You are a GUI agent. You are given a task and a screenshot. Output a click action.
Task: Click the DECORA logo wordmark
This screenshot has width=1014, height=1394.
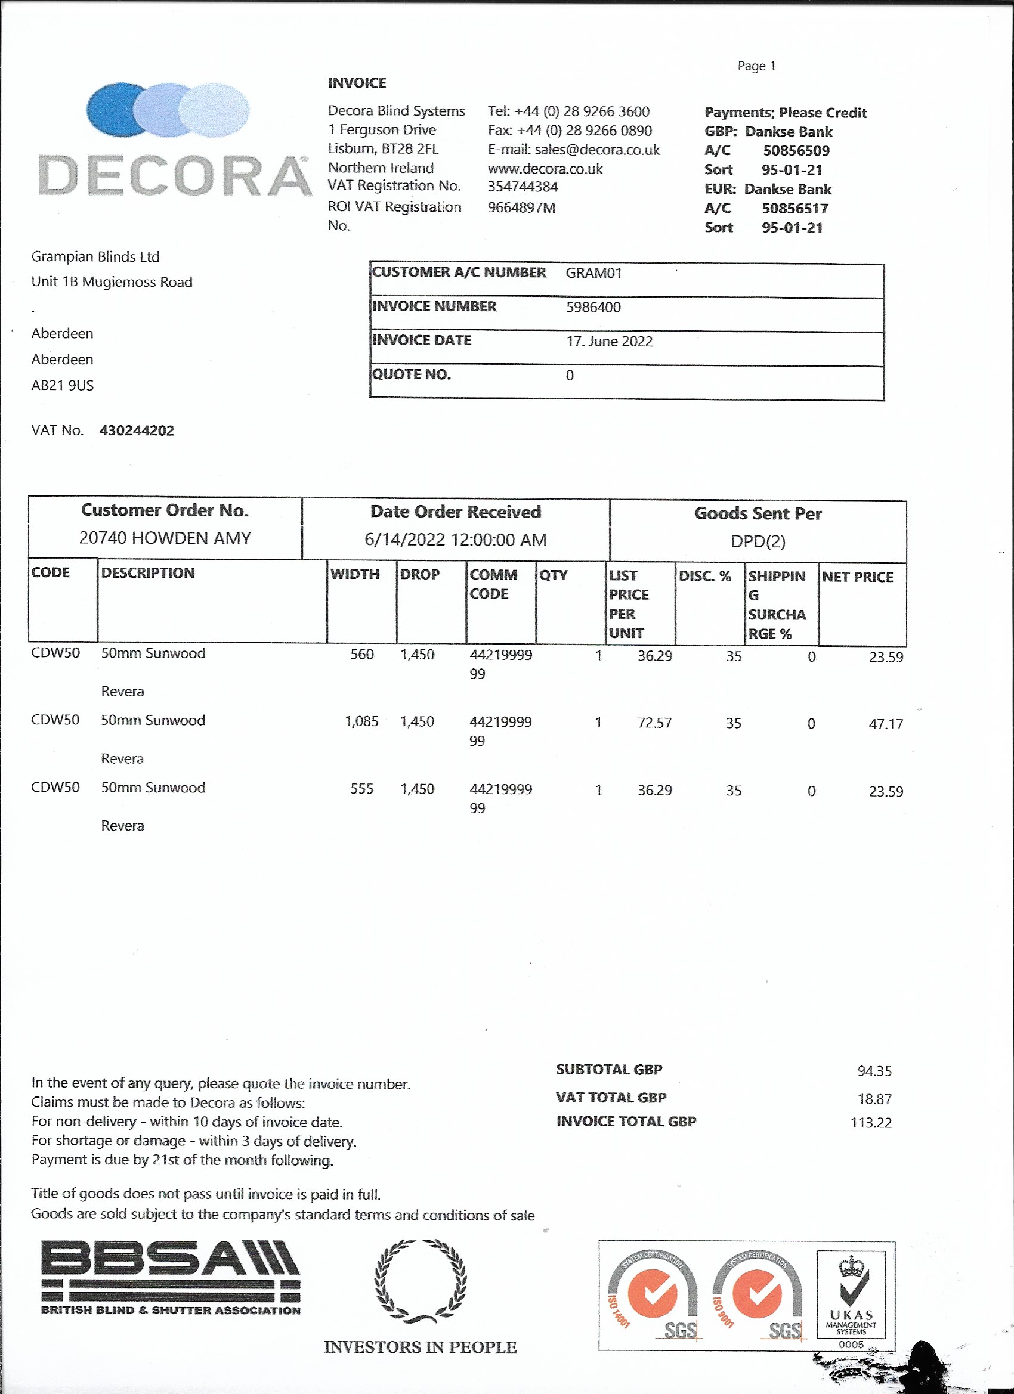pyautogui.click(x=175, y=176)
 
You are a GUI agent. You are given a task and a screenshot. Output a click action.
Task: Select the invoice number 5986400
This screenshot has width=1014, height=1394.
pyautogui.click(x=593, y=307)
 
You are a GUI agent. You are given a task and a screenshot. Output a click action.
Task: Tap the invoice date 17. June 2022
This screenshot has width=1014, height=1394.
pyautogui.click(x=609, y=342)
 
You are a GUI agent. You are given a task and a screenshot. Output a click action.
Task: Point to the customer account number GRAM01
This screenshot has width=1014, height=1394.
pyautogui.click(x=593, y=273)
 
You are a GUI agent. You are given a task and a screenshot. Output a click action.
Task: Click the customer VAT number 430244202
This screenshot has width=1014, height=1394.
pyautogui.click(x=137, y=431)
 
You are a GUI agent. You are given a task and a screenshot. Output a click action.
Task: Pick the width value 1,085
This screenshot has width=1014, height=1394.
pyautogui.click(x=361, y=721)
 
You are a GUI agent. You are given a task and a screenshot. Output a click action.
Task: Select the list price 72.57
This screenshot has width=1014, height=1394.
pyautogui.click(x=654, y=723)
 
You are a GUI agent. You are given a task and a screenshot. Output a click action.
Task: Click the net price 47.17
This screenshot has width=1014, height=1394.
pyautogui.click(x=886, y=724)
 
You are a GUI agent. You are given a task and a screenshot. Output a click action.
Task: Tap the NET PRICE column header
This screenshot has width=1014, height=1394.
pyautogui.click(x=857, y=577)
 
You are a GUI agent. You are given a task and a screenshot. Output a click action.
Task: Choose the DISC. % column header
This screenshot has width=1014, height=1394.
pyautogui.click(x=704, y=577)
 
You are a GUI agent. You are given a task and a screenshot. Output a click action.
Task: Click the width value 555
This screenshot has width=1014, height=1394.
pyautogui.click(x=361, y=789)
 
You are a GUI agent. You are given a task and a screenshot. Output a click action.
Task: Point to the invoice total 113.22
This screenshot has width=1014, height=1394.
pyautogui.click(x=871, y=1123)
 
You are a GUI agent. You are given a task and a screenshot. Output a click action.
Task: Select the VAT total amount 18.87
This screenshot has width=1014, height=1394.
pyautogui.click(x=874, y=1099)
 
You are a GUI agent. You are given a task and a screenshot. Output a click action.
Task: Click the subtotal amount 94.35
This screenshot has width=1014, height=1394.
pyautogui.click(x=874, y=1071)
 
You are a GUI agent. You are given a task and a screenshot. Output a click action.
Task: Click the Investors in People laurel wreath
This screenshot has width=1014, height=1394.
pyautogui.click(x=421, y=1282)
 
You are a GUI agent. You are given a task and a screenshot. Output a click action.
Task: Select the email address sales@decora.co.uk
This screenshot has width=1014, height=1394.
pyautogui.click(x=596, y=150)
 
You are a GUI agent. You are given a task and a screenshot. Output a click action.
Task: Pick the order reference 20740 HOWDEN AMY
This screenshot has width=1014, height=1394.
pyautogui.click(x=165, y=538)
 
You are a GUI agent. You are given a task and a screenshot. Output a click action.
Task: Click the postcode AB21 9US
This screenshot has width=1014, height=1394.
pyautogui.click(x=63, y=386)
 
